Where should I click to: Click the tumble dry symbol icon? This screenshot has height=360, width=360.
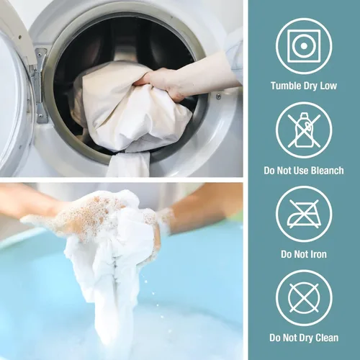304,46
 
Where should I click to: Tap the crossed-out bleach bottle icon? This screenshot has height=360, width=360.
304,130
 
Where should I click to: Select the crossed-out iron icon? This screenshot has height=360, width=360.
304,214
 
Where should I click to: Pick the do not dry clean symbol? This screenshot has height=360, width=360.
304,298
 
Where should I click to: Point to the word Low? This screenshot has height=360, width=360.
328,86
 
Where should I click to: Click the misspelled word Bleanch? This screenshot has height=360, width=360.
328,171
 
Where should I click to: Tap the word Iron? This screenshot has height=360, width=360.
318,254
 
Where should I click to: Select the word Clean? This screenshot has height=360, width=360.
327,338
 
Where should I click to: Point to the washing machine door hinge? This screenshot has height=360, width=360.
40,84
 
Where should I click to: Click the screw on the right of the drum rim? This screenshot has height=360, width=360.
218,96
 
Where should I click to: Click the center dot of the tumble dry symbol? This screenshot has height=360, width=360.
304,46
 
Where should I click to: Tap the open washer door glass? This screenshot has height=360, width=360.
12,101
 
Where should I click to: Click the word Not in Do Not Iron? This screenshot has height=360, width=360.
300,254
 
